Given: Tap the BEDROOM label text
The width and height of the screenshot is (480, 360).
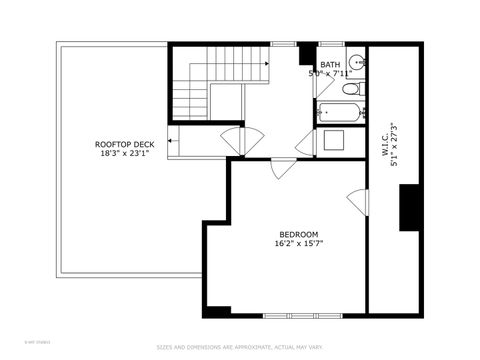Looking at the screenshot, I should tap(298, 234).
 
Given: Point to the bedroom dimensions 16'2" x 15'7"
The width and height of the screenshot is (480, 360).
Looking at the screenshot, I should tap(298, 244).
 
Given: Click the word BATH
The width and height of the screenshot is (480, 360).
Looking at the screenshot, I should tap(330, 63).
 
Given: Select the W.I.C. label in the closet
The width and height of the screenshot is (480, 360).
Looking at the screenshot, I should tap(384, 139).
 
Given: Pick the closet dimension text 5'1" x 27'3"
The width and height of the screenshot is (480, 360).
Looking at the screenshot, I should tap(396, 146).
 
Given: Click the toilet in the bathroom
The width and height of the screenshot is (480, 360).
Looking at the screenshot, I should tap(351, 90).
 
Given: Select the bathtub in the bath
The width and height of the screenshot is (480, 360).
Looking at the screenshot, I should tap(342, 112).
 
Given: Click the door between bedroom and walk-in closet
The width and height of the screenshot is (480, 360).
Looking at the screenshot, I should tap(357, 202).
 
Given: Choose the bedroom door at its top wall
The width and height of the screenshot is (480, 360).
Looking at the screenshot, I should tap(283, 166).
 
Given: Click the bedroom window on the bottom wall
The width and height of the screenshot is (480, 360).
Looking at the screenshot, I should tap(299, 316).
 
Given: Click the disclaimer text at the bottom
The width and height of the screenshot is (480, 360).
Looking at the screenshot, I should tap(240, 348).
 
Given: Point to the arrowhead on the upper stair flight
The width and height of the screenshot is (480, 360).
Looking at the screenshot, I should tap(267, 63).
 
